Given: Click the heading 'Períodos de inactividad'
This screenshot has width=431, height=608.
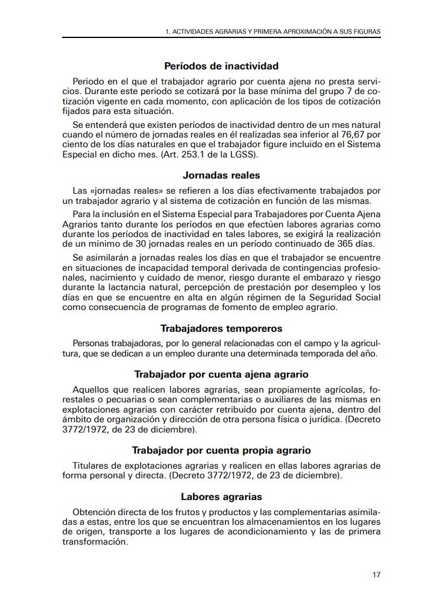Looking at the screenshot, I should pos(221,66).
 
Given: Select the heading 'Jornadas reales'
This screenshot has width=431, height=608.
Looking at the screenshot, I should pos(221,176).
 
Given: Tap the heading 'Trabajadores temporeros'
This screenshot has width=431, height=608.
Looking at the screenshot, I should pos(221,329).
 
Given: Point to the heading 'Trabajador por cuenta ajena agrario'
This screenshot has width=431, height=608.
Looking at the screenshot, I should pos(221,373).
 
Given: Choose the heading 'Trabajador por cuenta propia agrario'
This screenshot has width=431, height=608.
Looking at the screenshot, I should pos(221,450).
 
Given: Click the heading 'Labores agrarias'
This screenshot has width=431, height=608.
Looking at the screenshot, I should pos(221,497).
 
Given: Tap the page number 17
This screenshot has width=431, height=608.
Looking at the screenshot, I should pos(376,574).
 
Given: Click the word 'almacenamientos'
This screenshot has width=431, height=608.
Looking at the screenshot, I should pos(300,522).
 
